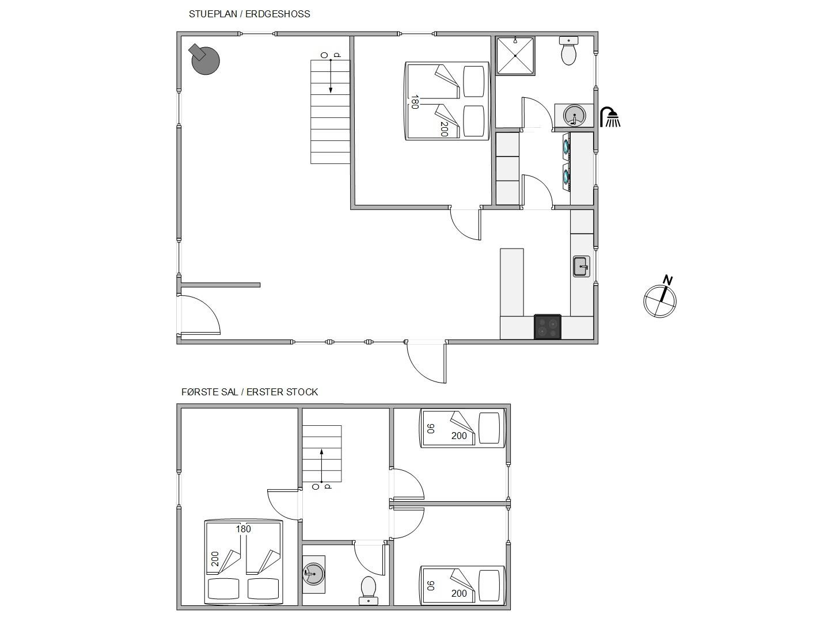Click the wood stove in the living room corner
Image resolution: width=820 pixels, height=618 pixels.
tap(204, 59)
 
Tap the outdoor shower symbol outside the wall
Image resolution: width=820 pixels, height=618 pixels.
tap(610, 117)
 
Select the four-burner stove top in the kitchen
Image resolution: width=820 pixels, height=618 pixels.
tap(547, 326)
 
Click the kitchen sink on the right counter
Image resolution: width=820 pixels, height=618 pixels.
tap(582, 266)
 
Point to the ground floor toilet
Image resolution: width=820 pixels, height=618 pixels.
tap(568, 51)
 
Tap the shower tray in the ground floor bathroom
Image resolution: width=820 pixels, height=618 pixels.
tap(515, 56)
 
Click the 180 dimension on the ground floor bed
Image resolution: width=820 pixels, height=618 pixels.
tap(414, 102)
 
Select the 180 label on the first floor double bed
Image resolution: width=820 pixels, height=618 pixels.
tap(243, 529)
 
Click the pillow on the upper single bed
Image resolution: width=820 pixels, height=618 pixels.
tap(489, 428)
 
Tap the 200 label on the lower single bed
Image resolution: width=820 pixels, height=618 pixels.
tap(459, 593)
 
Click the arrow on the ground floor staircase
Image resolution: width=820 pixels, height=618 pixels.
tap(331, 76)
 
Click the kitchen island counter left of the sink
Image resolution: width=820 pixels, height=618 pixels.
tap(512, 283)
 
